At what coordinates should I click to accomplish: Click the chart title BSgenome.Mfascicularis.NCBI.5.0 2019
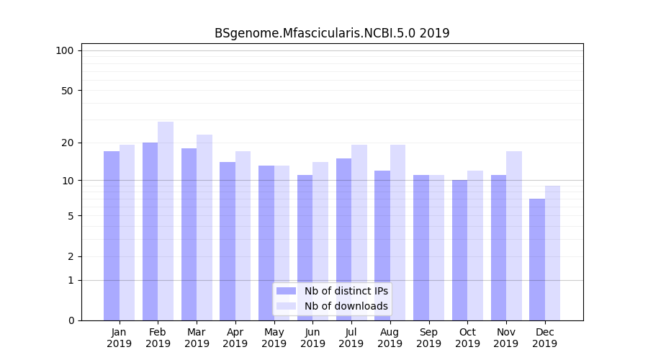click(332, 33)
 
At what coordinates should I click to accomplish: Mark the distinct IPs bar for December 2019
click(537, 259)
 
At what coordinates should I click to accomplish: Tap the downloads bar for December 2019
click(552, 253)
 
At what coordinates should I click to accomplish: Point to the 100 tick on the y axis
click(65, 50)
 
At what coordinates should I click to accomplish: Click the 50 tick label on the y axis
click(67, 91)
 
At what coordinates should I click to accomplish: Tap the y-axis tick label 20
click(67, 143)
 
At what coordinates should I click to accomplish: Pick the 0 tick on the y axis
click(71, 320)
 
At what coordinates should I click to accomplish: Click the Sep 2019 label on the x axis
click(428, 338)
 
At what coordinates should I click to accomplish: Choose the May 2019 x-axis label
click(274, 338)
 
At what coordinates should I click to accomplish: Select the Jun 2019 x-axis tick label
click(312, 338)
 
